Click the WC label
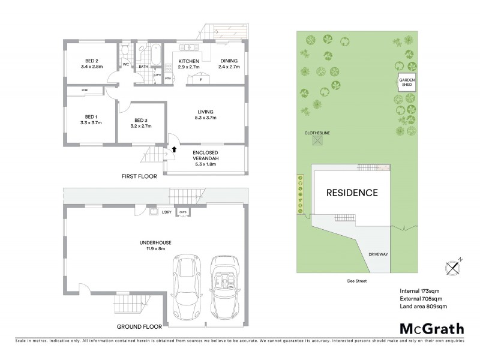(126, 64)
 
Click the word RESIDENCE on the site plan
(352, 193)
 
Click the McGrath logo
(431, 328)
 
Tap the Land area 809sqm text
(423, 306)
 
